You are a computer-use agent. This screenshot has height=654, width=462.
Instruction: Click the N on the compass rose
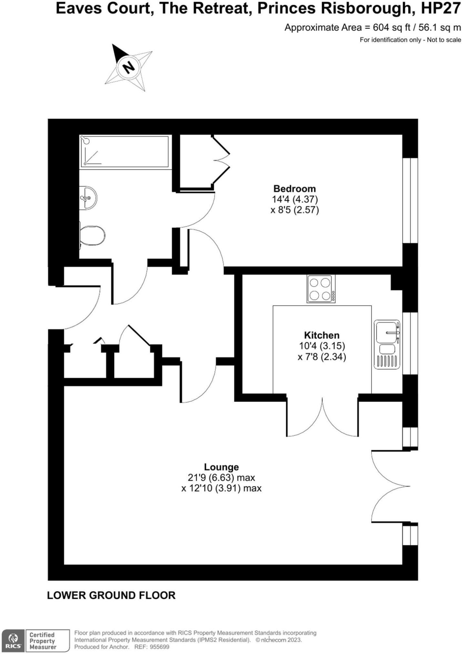[x=129, y=67]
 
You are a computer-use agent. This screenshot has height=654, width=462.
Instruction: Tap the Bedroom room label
[x=294, y=189]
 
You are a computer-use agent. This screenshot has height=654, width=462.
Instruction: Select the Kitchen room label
[x=322, y=335]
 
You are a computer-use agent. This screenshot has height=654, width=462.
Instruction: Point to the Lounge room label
[x=221, y=467]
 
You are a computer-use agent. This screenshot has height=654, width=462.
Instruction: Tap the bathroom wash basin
[x=88, y=197]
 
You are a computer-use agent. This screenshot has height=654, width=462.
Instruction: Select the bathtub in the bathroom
[x=124, y=151]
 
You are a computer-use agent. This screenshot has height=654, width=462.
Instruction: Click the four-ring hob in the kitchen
[x=321, y=289]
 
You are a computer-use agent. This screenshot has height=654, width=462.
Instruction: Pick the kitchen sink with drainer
[x=387, y=344]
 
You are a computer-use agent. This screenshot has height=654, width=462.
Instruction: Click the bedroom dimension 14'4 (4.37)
[x=295, y=199]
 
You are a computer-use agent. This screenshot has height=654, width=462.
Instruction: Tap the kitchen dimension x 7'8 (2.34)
[x=322, y=357]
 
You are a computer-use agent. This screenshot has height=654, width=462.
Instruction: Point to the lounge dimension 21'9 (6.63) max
[x=221, y=477]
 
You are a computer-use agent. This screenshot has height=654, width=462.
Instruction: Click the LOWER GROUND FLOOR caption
[x=111, y=595]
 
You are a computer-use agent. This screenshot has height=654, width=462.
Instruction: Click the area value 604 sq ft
[x=391, y=28]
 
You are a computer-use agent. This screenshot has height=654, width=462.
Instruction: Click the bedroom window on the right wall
[x=410, y=200]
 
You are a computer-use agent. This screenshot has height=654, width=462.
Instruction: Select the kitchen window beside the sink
[x=410, y=343]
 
